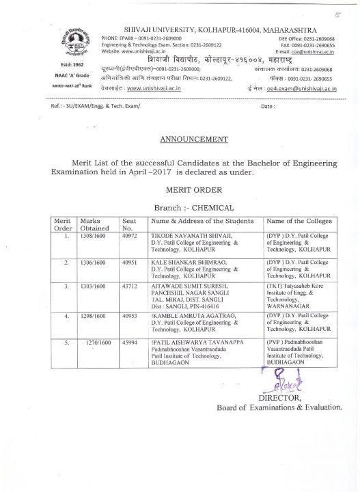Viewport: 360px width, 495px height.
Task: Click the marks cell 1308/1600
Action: [x=92, y=235]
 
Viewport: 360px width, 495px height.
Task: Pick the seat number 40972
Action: [x=130, y=235]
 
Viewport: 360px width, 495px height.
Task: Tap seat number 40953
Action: [x=130, y=317]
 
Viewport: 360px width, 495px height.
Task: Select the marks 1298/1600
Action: [x=92, y=317]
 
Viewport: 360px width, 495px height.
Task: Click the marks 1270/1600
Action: [x=97, y=340]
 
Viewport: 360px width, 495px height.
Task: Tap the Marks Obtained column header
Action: [x=95, y=224]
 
